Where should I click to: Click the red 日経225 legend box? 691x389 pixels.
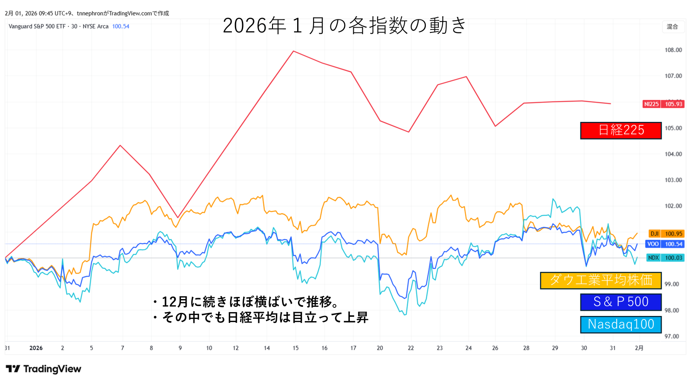point(621,131)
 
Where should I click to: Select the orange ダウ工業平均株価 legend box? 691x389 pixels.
point(600,281)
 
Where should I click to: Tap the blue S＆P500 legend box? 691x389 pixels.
point(621,302)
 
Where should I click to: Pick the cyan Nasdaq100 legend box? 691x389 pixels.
point(621,325)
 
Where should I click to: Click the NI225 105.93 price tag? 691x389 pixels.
point(663,104)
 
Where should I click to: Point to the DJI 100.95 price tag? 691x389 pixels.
point(666,234)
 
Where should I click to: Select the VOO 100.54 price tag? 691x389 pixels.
point(665,244)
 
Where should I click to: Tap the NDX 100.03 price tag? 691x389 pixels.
point(665,258)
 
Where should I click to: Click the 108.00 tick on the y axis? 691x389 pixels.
point(673,50)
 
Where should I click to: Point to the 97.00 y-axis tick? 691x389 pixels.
point(672,336)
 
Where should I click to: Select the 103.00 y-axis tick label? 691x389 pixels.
point(673,180)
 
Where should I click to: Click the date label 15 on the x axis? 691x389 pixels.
point(295,348)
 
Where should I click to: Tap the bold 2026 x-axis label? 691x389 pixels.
point(36,348)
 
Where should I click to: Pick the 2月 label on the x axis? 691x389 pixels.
point(639,348)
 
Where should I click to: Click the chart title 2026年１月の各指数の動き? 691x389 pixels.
point(344,26)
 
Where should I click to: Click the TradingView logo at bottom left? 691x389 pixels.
point(44,369)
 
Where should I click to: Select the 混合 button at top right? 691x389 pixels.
point(672,27)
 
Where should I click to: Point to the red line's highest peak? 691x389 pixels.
point(294,51)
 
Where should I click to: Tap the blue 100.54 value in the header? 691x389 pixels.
point(120,26)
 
